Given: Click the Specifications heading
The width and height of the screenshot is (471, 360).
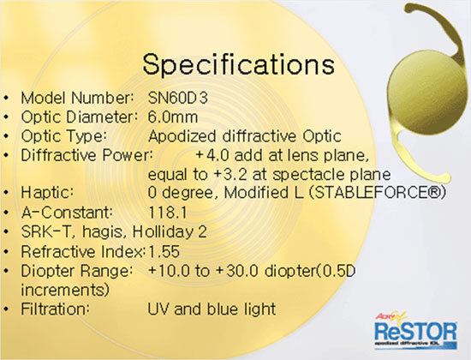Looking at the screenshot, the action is (x=239, y=65).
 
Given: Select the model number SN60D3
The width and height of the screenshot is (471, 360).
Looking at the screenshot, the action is (x=177, y=98).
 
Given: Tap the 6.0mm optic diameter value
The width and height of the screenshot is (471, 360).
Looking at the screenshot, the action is (x=173, y=117).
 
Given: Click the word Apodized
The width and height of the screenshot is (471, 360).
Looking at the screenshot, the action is (x=182, y=136).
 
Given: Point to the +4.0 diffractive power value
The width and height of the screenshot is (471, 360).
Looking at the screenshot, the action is (x=212, y=155).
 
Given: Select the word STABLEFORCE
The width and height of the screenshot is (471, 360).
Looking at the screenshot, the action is (x=374, y=193).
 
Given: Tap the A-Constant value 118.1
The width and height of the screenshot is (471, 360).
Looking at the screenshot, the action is (x=168, y=213).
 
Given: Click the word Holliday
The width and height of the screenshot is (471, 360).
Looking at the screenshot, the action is (x=163, y=232).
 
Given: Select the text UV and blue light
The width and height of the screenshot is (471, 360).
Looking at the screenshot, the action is (x=212, y=309).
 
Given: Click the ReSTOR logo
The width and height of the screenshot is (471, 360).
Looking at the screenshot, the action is (x=415, y=331).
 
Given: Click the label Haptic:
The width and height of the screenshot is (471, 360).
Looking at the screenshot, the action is (x=47, y=193).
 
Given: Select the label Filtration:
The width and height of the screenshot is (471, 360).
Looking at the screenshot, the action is (x=55, y=309).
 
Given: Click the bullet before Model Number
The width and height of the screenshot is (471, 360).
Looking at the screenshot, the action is (x=6, y=99).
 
